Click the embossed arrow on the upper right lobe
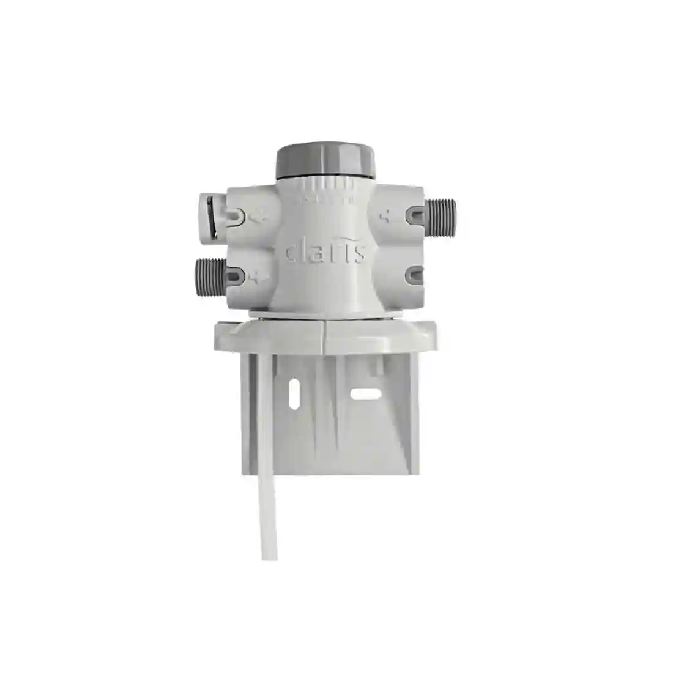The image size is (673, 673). pyautogui.click(x=386, y=215)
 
